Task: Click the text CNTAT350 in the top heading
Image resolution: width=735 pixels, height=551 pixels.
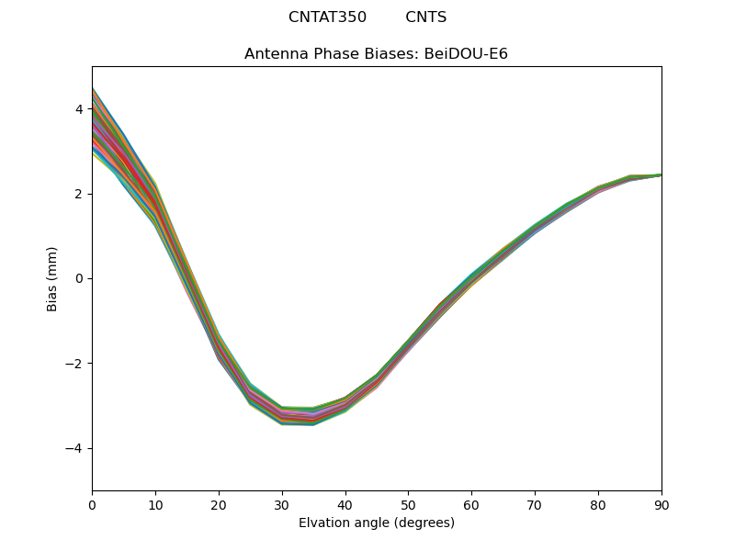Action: tap(327, 17)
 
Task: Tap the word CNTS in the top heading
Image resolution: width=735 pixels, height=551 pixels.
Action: tap(426, 17)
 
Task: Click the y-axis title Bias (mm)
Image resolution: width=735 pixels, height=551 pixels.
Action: tap(52, 278)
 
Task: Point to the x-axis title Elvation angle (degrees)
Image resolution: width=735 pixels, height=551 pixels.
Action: tap(377, 523)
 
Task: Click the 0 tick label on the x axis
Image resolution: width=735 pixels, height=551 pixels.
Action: tap(92, 504)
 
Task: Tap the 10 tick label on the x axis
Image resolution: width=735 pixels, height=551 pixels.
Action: tap(155, 504)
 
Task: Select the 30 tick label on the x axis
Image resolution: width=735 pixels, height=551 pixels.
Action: tap(282, 504)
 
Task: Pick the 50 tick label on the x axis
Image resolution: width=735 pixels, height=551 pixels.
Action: tap(408, 504)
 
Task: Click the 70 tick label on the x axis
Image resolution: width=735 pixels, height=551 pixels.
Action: tap(535, 504)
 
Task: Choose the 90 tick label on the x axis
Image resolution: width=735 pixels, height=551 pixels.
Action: tap(661, 504)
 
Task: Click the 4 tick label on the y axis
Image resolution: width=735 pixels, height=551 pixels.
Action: tap(79, 109)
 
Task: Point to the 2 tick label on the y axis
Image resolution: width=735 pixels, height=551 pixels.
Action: tap(79, 194)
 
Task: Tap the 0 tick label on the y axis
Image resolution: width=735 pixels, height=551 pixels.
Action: tap(79, 278)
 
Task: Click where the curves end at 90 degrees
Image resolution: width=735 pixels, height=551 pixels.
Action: tap(660, 174)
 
